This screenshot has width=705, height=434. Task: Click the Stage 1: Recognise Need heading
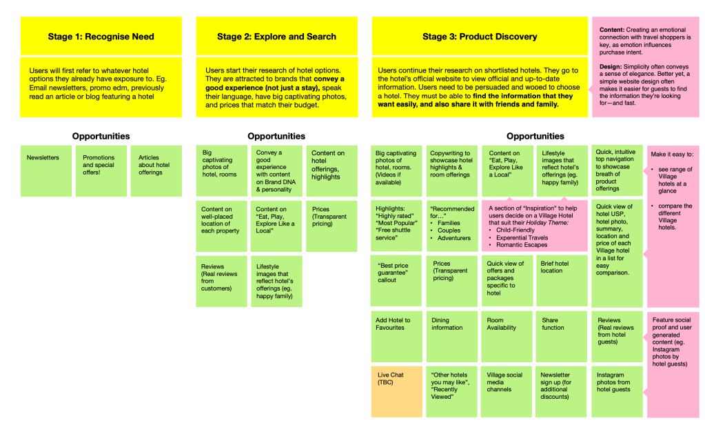101,37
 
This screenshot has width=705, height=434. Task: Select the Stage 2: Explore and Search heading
276,37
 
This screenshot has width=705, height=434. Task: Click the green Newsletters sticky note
45,170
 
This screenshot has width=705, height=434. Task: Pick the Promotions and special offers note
101,170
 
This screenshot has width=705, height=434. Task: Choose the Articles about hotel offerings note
156,170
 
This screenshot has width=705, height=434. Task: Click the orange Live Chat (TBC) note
396,391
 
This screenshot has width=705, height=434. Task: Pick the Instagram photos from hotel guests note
617,391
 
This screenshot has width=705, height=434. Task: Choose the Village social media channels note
507,391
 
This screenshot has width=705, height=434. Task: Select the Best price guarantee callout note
396,280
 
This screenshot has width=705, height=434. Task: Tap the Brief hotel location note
562,280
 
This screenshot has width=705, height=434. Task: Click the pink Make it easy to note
672,200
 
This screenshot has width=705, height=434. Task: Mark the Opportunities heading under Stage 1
101,137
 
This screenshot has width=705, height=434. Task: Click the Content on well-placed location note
221,226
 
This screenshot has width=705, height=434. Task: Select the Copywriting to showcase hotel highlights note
451,170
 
